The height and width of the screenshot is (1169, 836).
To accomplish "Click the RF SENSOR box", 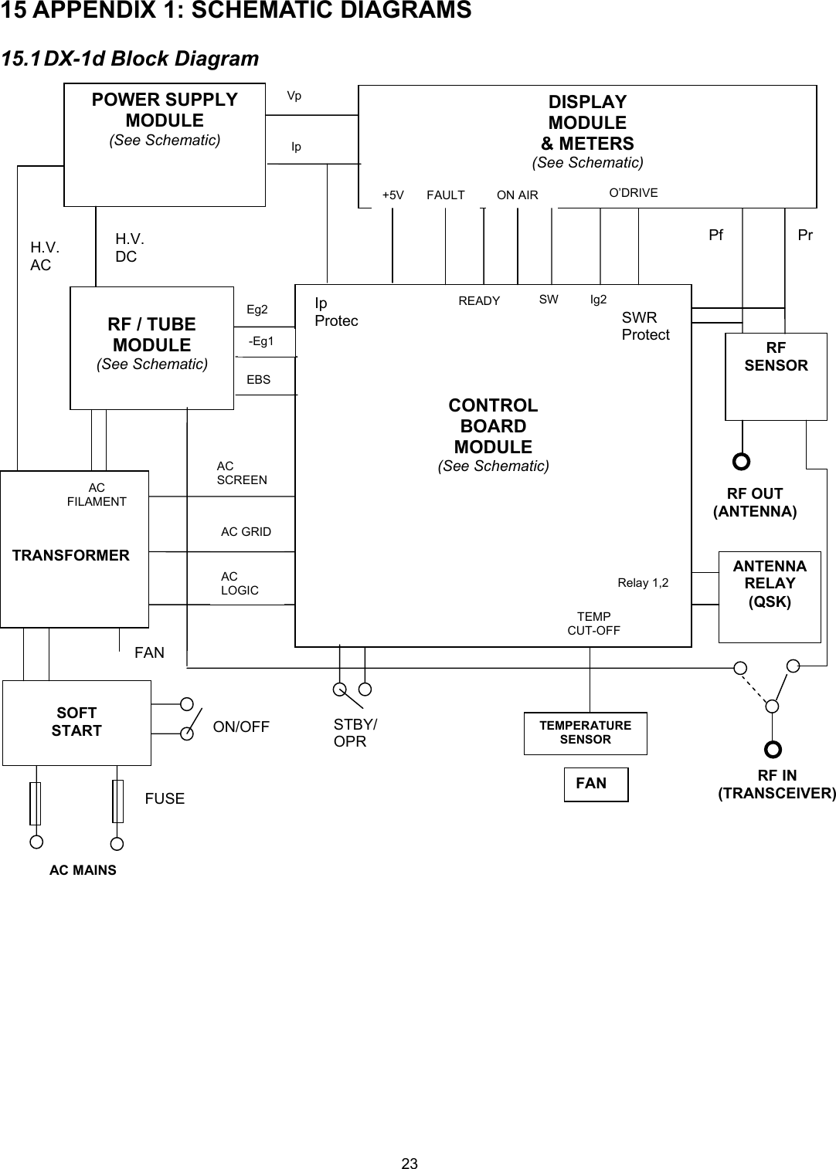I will [x=776, y=376].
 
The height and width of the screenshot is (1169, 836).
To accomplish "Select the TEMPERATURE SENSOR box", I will [x=585, y=733].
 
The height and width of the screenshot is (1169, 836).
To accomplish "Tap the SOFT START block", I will [x=76, y=722].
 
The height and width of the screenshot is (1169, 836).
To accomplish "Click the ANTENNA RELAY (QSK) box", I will [x=770, y=596].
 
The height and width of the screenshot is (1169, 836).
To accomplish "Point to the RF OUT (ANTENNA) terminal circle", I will [x=741, y=462].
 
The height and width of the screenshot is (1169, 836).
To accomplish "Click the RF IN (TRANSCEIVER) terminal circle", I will [x=773, y=749].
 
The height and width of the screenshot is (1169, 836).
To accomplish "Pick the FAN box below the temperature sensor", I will [x=596, y=784].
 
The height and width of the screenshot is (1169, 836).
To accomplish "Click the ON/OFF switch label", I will [x=241, y=727].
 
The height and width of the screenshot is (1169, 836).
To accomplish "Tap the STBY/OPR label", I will [x=355, y=733].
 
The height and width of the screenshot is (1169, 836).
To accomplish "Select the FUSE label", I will [x=165, y=798].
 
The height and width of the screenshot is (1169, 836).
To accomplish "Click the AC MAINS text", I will [x=83, y=870].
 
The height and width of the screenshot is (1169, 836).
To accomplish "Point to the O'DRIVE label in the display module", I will [x=634, y=192].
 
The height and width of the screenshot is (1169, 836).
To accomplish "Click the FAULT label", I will [x=446, y=195].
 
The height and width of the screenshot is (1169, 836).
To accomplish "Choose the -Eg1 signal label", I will [x=261, y=341].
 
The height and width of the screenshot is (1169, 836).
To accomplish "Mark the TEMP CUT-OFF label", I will [x=593, y=623].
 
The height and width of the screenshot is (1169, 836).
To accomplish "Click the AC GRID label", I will [x=246, y=531].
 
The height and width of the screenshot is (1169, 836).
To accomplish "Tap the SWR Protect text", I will [x=645, y=326].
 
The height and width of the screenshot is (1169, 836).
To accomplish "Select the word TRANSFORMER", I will [x=71, y=555].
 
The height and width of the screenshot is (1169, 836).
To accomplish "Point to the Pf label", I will [x=716, y=235].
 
